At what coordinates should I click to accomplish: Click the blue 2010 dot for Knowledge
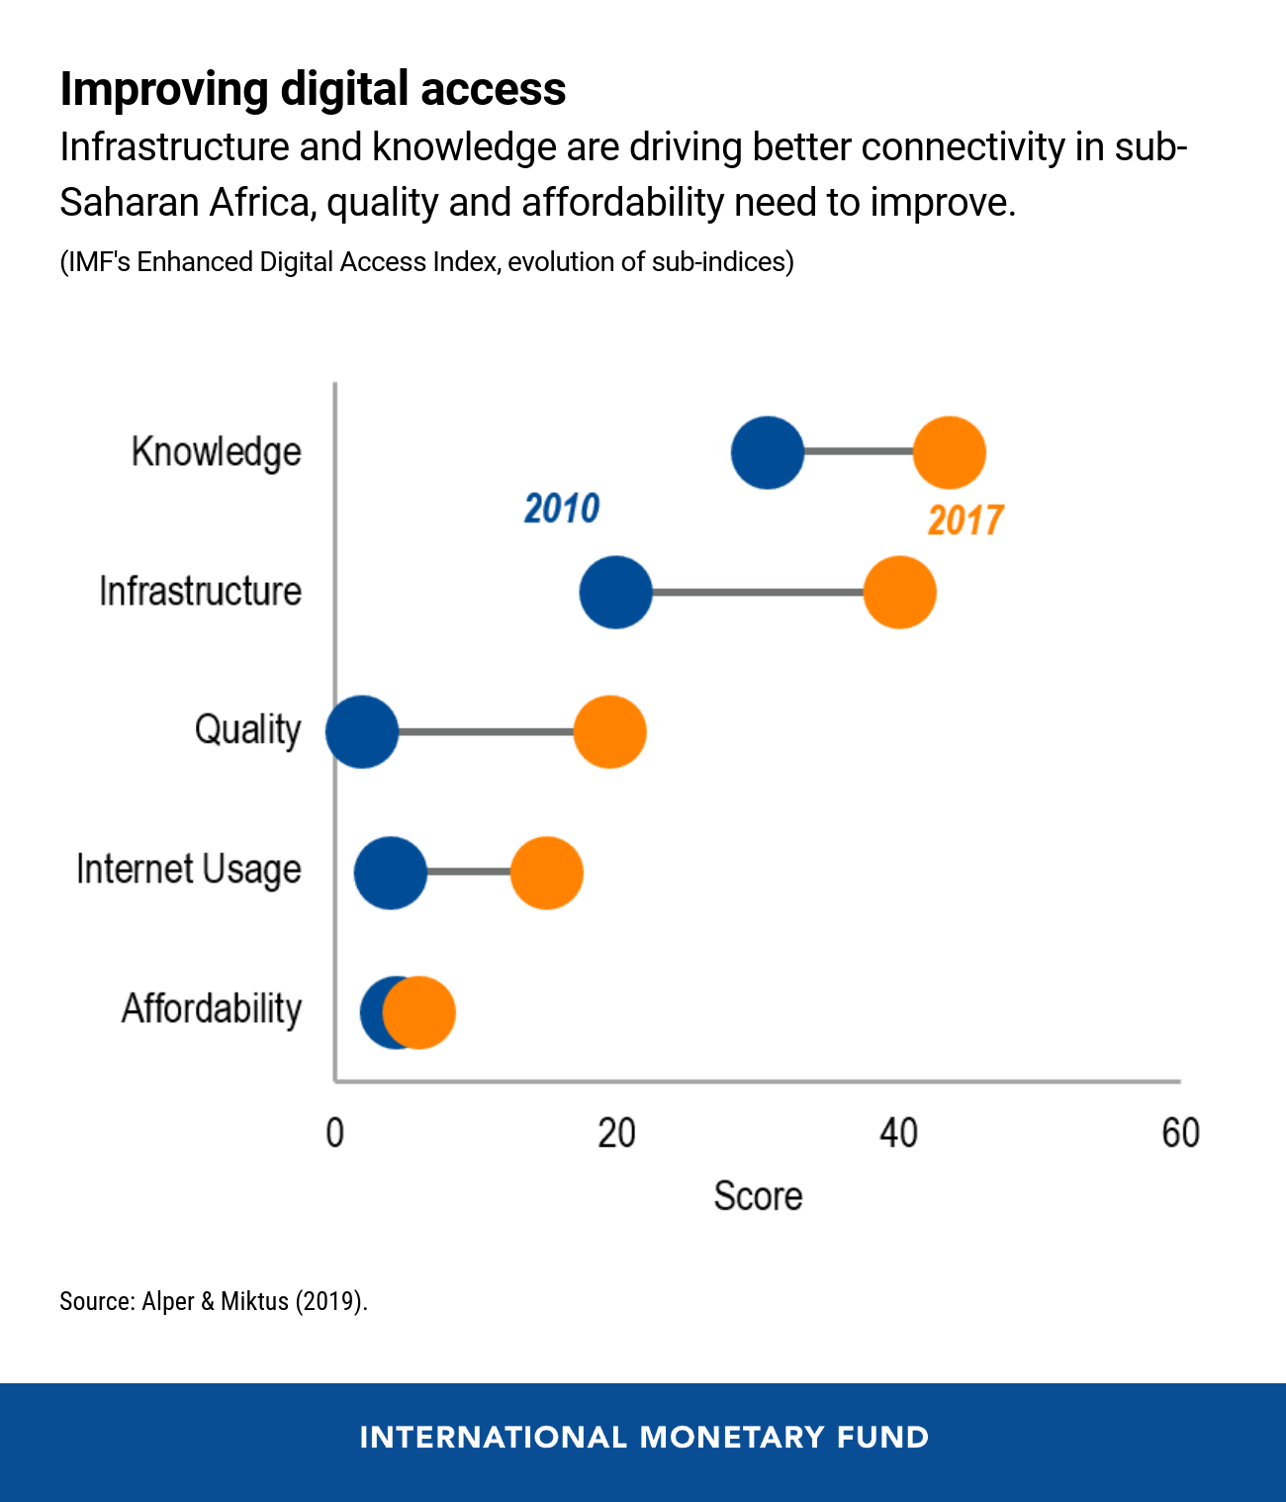(x=768, y=453)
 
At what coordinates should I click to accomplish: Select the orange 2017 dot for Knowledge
(x=949, y=453)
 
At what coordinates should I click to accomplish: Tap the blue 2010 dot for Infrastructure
(x=615, y=593)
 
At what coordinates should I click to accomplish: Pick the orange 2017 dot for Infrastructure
(x=899, y=593)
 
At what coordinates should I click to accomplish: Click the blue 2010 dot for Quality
(x=362, y=732)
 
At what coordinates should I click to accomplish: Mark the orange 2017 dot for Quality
(x=609, y=732)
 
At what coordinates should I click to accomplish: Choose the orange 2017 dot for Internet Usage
(x=546, y=873)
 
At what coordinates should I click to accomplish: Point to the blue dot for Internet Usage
(x=390, y=873)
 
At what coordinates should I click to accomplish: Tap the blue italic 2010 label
(x=561, y=509)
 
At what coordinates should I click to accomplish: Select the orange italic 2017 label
(x=964, y=520)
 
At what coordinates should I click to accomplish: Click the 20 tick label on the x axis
(x=616, y=1133)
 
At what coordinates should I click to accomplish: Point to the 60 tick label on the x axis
(x=1180, y=1133)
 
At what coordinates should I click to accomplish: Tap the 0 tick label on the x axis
(x=335, y=1133)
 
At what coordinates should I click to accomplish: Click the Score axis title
(x=758, y=1196)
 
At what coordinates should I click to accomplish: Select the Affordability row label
(x=212, y=1009)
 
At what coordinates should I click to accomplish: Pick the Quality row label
(x=247, y=730)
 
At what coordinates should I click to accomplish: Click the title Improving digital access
(x=313, y=89)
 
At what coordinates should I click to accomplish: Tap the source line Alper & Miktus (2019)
(x=214, y=1301)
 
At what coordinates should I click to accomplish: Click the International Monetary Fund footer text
(x=644, y=1438)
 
